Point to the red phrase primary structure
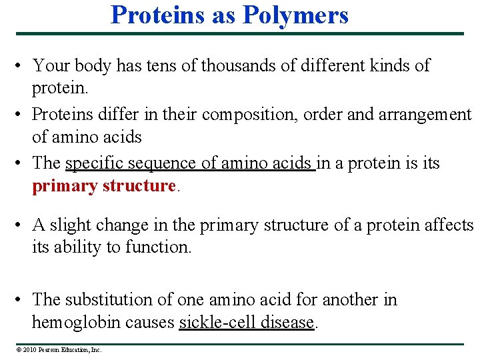(x=103, y=186)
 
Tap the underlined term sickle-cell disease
(x=247, y=323)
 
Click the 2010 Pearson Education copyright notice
(x=59, y=349)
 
